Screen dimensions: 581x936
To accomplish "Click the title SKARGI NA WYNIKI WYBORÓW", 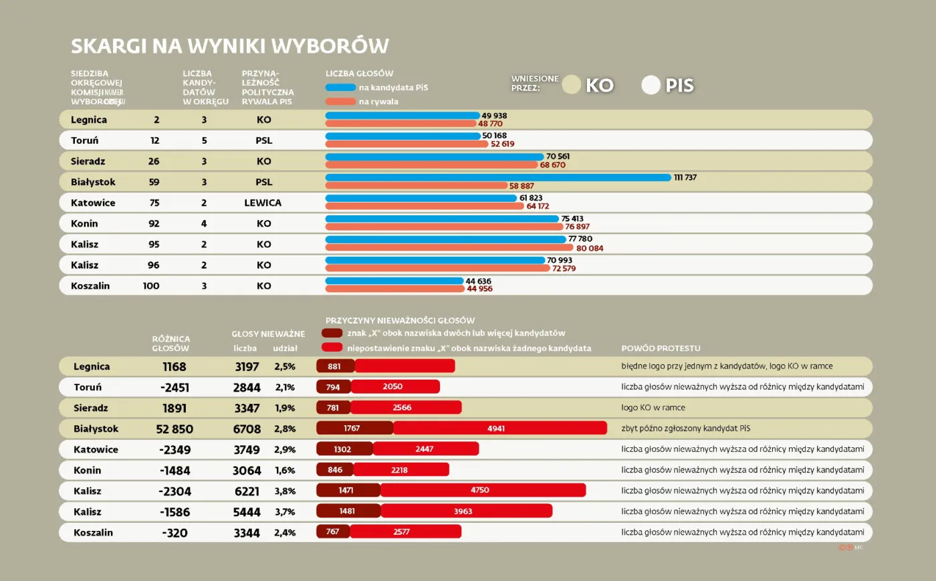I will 230,45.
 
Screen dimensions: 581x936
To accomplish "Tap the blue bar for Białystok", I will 498,178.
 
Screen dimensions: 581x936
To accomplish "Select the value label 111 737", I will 685,178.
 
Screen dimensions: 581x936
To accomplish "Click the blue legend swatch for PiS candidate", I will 340,88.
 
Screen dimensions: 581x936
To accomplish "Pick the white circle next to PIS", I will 651,85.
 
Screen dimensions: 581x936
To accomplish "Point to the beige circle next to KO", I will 571,85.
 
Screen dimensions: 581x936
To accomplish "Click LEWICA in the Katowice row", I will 263,203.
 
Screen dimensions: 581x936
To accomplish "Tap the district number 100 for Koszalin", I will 151,286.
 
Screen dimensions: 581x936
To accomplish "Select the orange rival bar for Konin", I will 444,227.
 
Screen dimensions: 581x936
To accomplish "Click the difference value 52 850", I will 174,429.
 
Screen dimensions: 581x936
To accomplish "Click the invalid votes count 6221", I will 247,491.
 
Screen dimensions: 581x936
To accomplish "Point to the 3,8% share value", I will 285,491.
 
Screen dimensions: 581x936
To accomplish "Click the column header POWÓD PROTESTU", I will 661,348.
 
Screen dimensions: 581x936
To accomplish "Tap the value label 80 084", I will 590,249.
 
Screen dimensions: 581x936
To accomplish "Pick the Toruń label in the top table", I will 85,140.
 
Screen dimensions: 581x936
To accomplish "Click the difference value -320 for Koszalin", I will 174,533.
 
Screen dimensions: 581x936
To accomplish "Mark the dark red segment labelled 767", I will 333,532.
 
